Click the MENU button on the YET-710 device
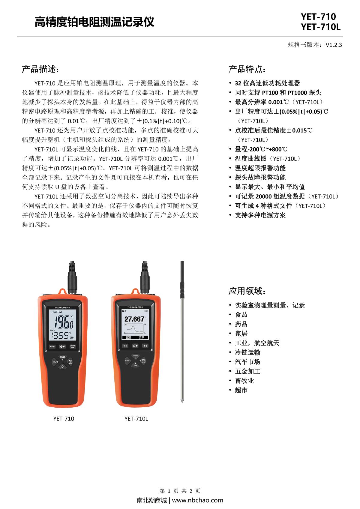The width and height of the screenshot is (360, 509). (x=52, y=346)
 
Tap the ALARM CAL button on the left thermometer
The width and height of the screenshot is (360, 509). (x=73, y=346)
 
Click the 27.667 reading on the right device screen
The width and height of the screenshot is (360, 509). (x=134, y=319)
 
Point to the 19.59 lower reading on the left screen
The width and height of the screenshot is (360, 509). (x=59, y=335)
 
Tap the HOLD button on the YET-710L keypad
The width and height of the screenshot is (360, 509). (x=128, y=361)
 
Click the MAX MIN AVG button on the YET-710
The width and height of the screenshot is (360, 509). (x=70, y=362)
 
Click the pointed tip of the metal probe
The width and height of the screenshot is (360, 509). (x=182, y=401)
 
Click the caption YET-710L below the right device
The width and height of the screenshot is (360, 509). (x=136, y=418)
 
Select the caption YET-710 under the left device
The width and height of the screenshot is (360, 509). (x=64, y=418)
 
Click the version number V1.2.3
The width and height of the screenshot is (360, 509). (x=334, y=45)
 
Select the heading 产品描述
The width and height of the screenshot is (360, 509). (x=39, y=69)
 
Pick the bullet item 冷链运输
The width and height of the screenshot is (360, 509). (x=247, y=352)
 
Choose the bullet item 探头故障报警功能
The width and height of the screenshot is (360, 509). (x=260, y=177)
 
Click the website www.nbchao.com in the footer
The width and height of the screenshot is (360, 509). (x=197, y=500)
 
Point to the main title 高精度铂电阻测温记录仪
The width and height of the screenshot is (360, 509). (x=94, y=22)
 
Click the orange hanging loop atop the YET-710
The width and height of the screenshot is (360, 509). (x=62, y=291)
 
